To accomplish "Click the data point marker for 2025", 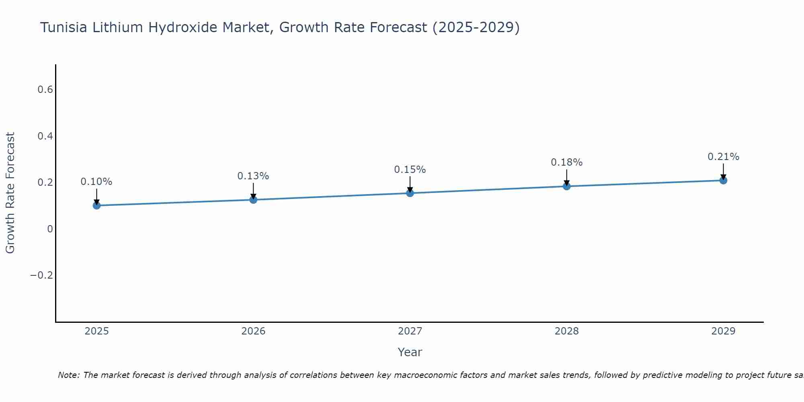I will pos(96,205).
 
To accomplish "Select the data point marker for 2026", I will pos(253,199).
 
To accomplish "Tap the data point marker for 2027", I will pos(410,193).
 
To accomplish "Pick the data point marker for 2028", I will pos(566,186).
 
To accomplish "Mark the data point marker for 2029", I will pos(723,180).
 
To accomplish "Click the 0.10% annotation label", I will pos(96,182).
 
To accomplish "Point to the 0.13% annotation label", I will pos(253,176).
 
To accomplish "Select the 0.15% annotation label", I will pos(410,170).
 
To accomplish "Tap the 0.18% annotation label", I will pos(566,162).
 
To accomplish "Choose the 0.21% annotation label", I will pos(723,157).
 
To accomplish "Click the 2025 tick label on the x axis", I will pos(96,331).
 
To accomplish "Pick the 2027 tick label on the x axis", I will pos(410,331).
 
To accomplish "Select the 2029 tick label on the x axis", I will pos(723,331).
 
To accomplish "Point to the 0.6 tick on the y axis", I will pos(45,89).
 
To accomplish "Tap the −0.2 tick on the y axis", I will pos(41,275).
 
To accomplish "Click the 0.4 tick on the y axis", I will pos(45,136).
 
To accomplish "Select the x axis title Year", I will pos(410,352).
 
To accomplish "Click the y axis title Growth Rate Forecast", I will pos(10,193).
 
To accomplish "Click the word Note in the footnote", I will pos(68,375).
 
